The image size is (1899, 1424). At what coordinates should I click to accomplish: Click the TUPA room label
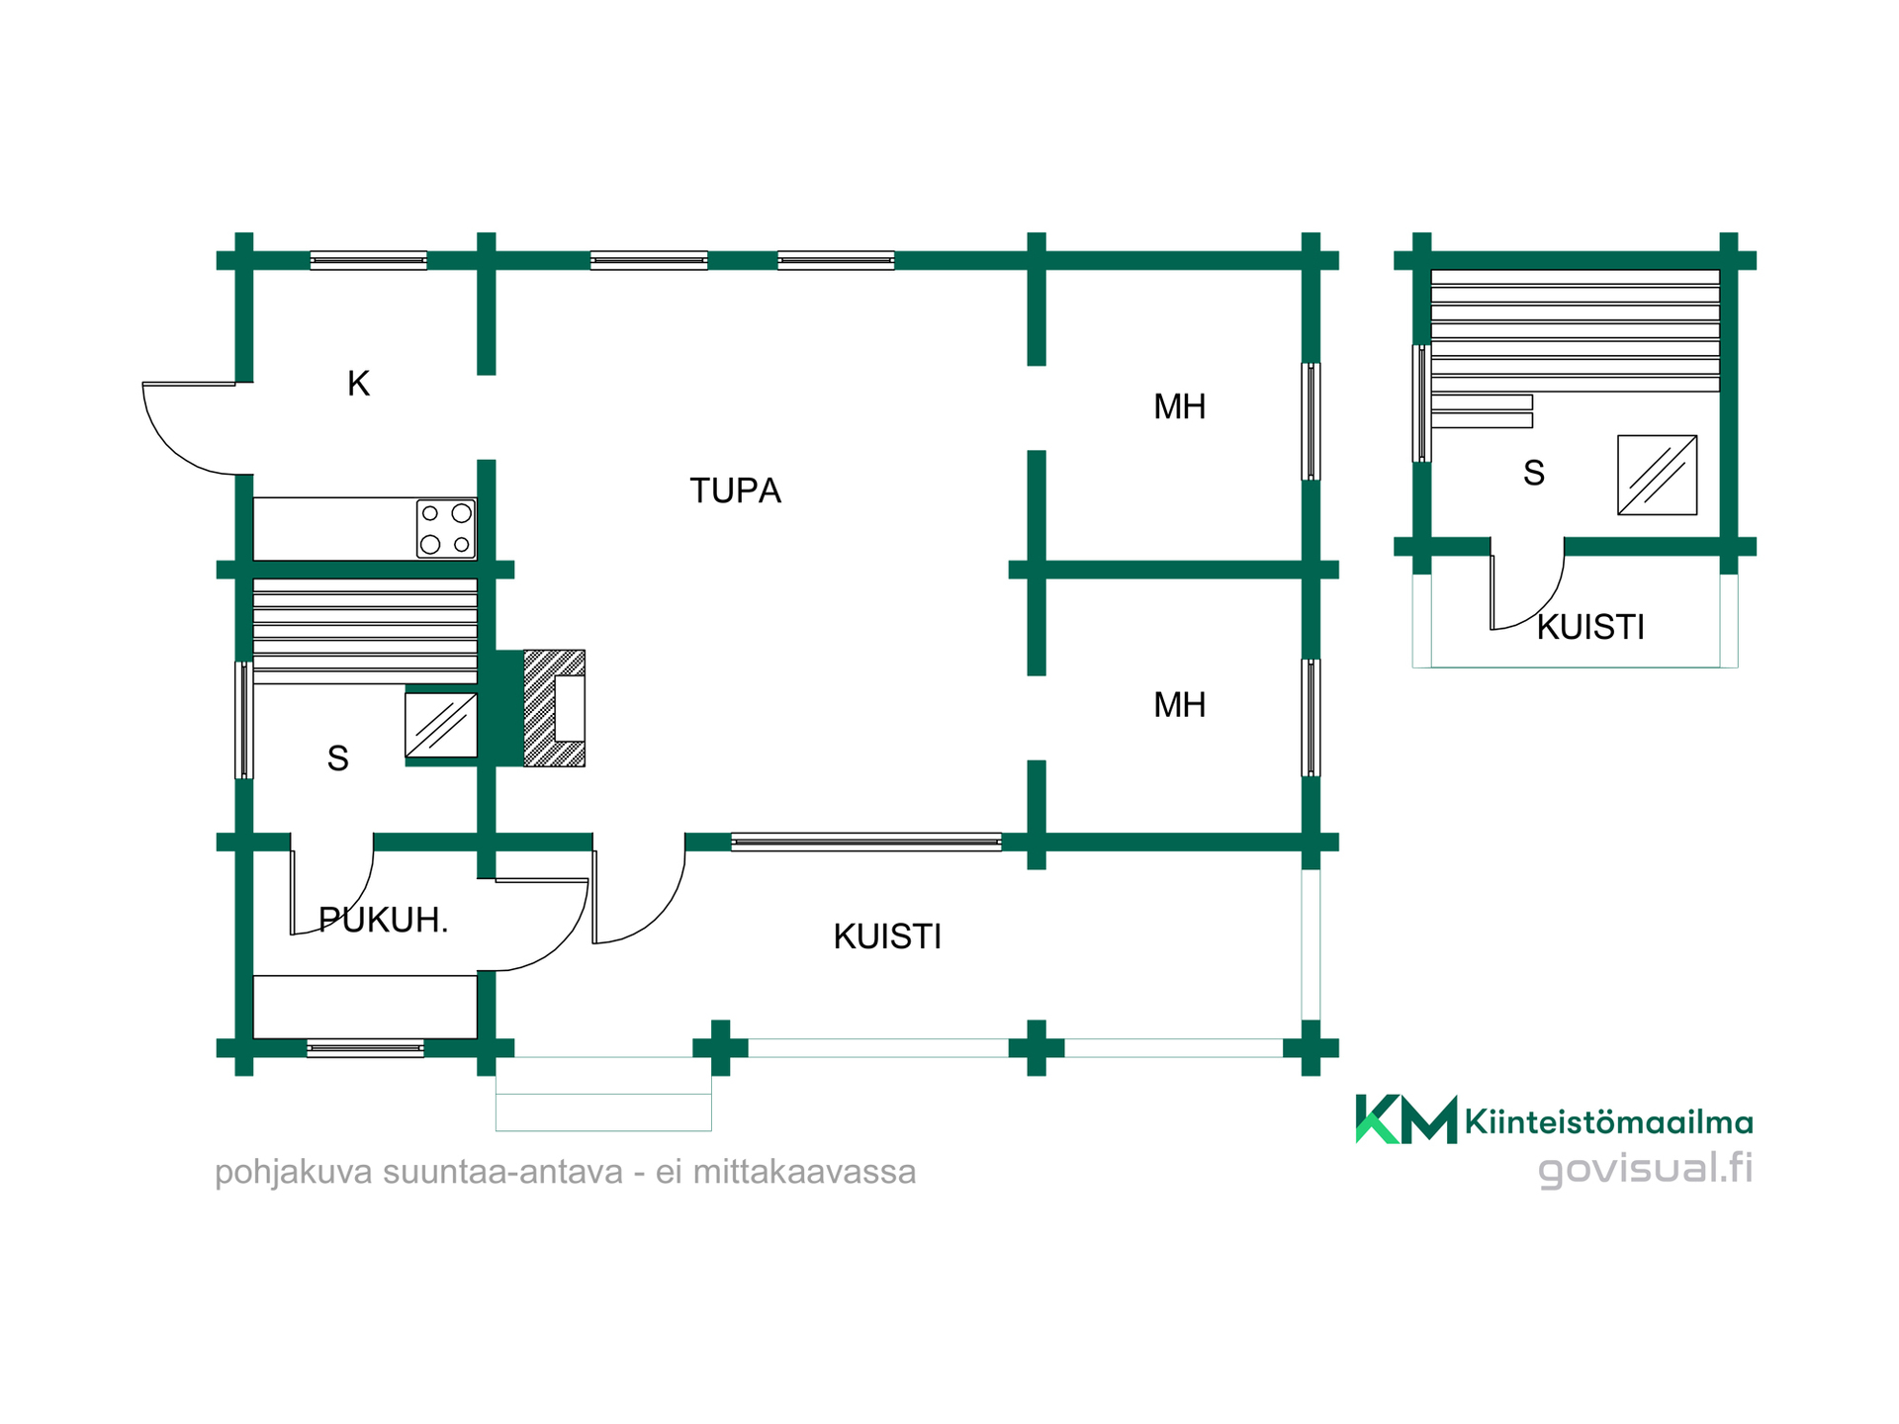pos(735,490)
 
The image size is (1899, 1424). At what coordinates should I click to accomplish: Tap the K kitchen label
pos(358,384)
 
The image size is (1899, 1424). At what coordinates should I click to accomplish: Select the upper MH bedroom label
pos(1179,406)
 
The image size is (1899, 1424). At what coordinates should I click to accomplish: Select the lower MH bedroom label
pos(1179,705)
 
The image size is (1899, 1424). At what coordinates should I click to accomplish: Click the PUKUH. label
pos(384,921)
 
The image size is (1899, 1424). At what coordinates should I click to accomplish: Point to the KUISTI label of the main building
pos(887,936)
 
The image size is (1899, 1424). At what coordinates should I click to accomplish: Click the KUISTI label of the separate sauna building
pos(1590,627)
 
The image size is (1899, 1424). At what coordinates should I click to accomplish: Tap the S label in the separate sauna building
pos(1534,474)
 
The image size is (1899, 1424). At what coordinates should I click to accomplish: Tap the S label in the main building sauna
pos(337,758)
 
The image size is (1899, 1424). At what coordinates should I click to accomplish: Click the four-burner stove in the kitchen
pos(446,529)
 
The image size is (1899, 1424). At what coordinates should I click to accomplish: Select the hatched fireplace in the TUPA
pos(554,708)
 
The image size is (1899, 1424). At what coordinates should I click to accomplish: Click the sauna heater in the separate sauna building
pos(1658,475)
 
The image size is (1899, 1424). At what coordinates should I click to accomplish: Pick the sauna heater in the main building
pos(441,726)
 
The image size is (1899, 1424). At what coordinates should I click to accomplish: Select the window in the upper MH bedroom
pos(1311,422)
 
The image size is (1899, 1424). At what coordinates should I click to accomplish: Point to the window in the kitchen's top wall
pos(369,260)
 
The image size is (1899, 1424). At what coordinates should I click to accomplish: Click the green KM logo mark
pos(1405,1119)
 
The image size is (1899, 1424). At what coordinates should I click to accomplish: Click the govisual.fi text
pos(1646,1168)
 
